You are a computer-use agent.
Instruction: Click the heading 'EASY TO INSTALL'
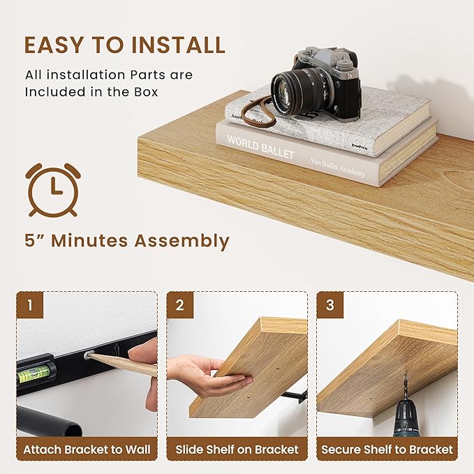coord(125,45)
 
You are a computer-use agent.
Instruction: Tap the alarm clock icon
coord(52,189)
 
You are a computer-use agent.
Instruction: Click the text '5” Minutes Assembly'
coord(126,241)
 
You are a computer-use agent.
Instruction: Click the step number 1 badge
coord(30,305)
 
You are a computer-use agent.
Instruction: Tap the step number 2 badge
coord(180,305)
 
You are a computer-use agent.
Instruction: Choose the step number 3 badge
coord(330,305)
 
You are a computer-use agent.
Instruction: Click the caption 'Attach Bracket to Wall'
coord(87,450)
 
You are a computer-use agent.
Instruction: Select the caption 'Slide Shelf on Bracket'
coord(237,450)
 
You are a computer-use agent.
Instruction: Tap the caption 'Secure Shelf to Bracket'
coord(387,450)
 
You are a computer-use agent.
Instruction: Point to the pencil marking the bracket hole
coord(122,363)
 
